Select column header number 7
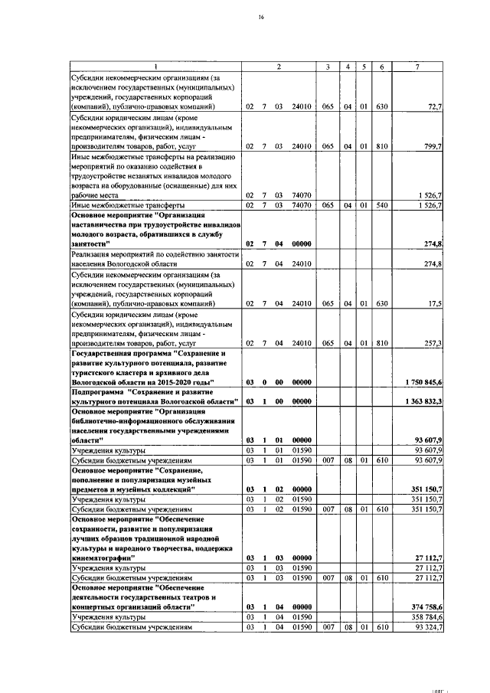[416, 67]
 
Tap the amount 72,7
[434, 107]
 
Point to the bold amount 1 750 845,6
[419, 382]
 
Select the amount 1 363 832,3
[419, 401]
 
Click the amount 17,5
[435, 305]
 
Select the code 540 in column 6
[381, 205]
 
